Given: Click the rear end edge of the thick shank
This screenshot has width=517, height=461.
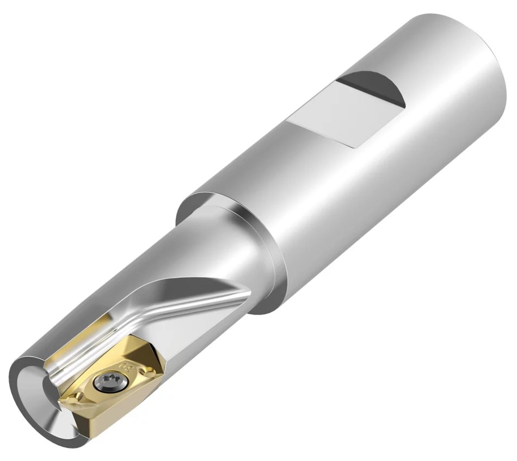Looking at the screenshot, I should (x=498, y=82).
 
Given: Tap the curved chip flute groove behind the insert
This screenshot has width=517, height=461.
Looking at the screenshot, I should (x=158, y=315).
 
